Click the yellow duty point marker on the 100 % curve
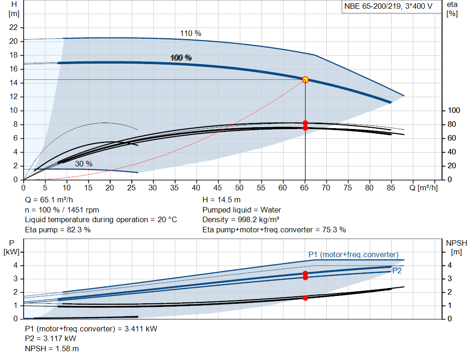(305, 80)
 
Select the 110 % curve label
(190, 33)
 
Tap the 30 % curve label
(83, 164)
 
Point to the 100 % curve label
(181, 58)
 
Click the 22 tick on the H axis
(13, 28)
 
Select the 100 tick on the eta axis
(454, 111)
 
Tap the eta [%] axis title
(452, 9)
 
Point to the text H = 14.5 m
(221, 200)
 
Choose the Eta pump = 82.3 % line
(58, 230)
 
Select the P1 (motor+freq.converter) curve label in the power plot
(353, 254)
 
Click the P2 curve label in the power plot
(396, 271)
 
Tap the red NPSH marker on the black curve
(305, 298)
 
